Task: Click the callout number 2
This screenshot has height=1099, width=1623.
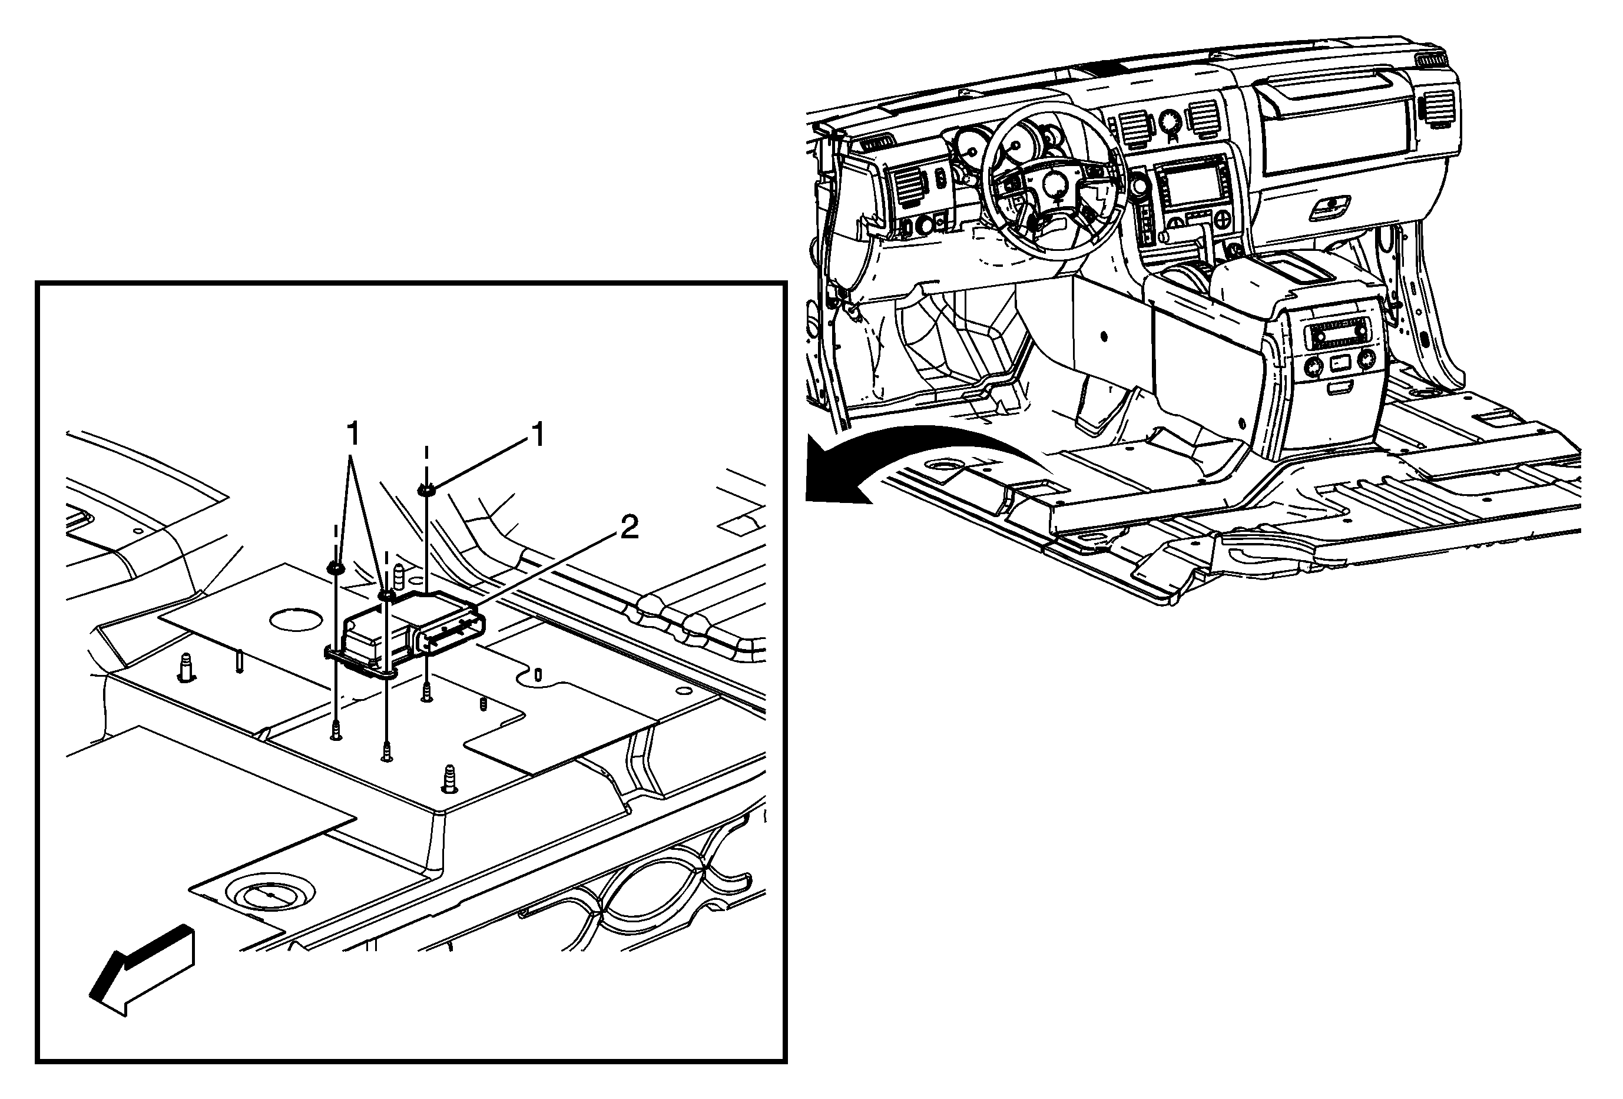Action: click(628, 528)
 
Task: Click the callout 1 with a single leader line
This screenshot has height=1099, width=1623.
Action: click(537, 436)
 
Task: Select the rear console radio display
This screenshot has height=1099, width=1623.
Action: click(1335, 336)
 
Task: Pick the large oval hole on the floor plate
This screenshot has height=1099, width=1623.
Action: click(296, 620)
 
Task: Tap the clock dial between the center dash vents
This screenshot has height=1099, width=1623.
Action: click(1168, 121)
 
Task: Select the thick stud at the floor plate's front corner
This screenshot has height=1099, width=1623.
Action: click(449, 778)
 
